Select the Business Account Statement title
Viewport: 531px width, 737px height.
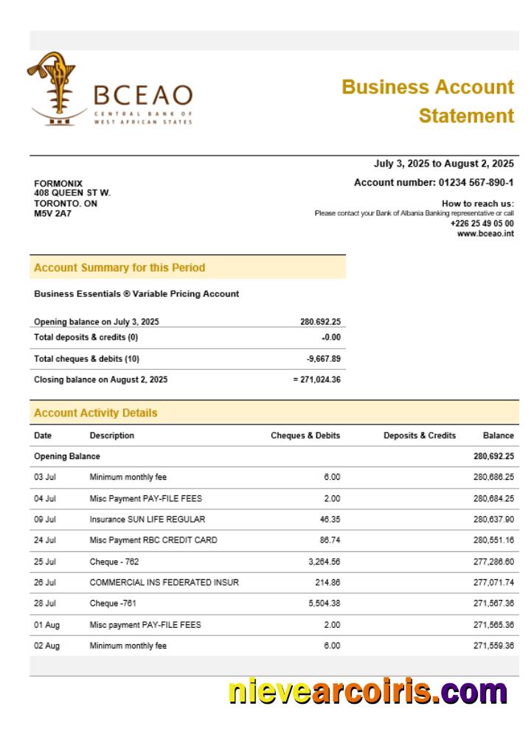(428, 101)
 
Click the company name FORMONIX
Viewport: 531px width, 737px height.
(58, 184)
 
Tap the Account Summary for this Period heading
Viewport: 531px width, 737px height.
(119, 268)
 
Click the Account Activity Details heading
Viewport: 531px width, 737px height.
(95, 413)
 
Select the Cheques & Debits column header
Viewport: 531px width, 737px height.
(305, 436)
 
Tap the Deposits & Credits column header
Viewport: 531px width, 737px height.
(420, 436)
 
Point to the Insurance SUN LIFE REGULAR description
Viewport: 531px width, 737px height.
(147, 520)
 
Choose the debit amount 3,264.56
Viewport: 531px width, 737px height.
(322, 562)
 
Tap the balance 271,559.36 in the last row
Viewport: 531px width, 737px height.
(493, 646)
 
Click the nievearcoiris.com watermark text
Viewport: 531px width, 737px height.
(367, 692)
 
